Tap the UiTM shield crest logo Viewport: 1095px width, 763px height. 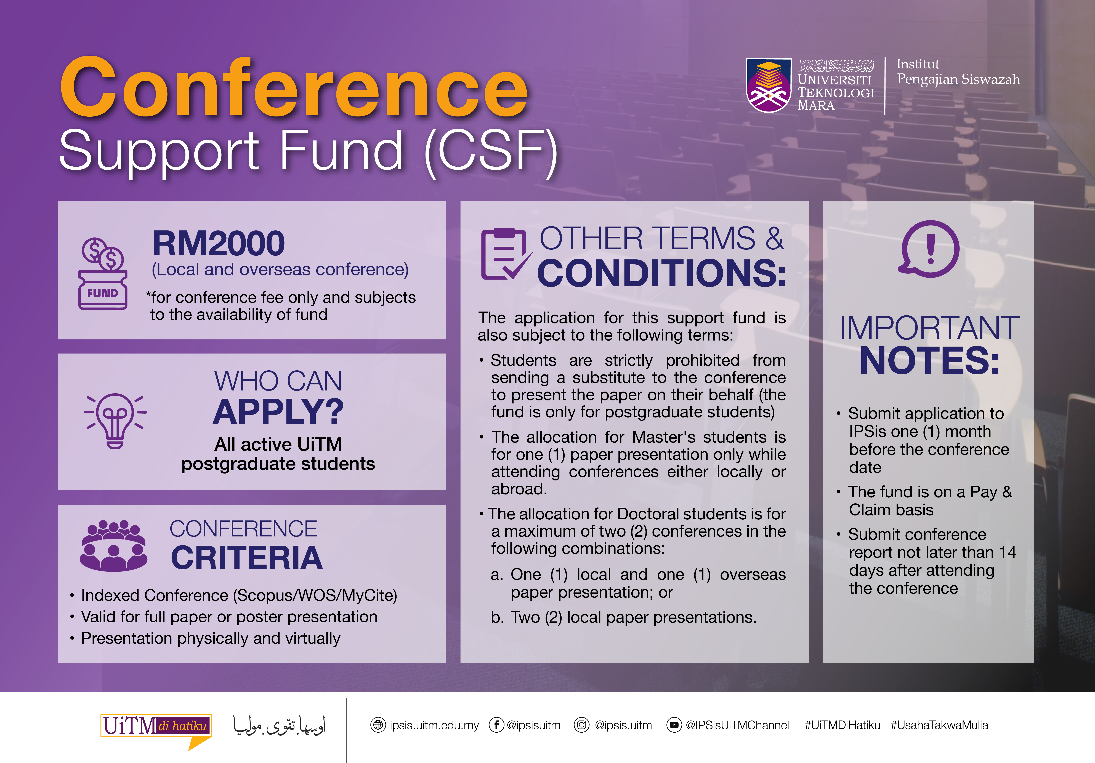point(769,85)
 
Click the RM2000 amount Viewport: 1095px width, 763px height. point(218,243)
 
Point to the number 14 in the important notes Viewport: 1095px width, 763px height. point(1007,552)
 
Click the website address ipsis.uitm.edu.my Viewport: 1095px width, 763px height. point(434,725)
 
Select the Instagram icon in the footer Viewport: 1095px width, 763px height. point(581,725)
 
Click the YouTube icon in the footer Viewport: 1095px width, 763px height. point(674,725)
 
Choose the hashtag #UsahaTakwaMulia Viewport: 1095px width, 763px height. point(940,725)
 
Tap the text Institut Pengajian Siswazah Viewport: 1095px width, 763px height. point(958,72)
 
